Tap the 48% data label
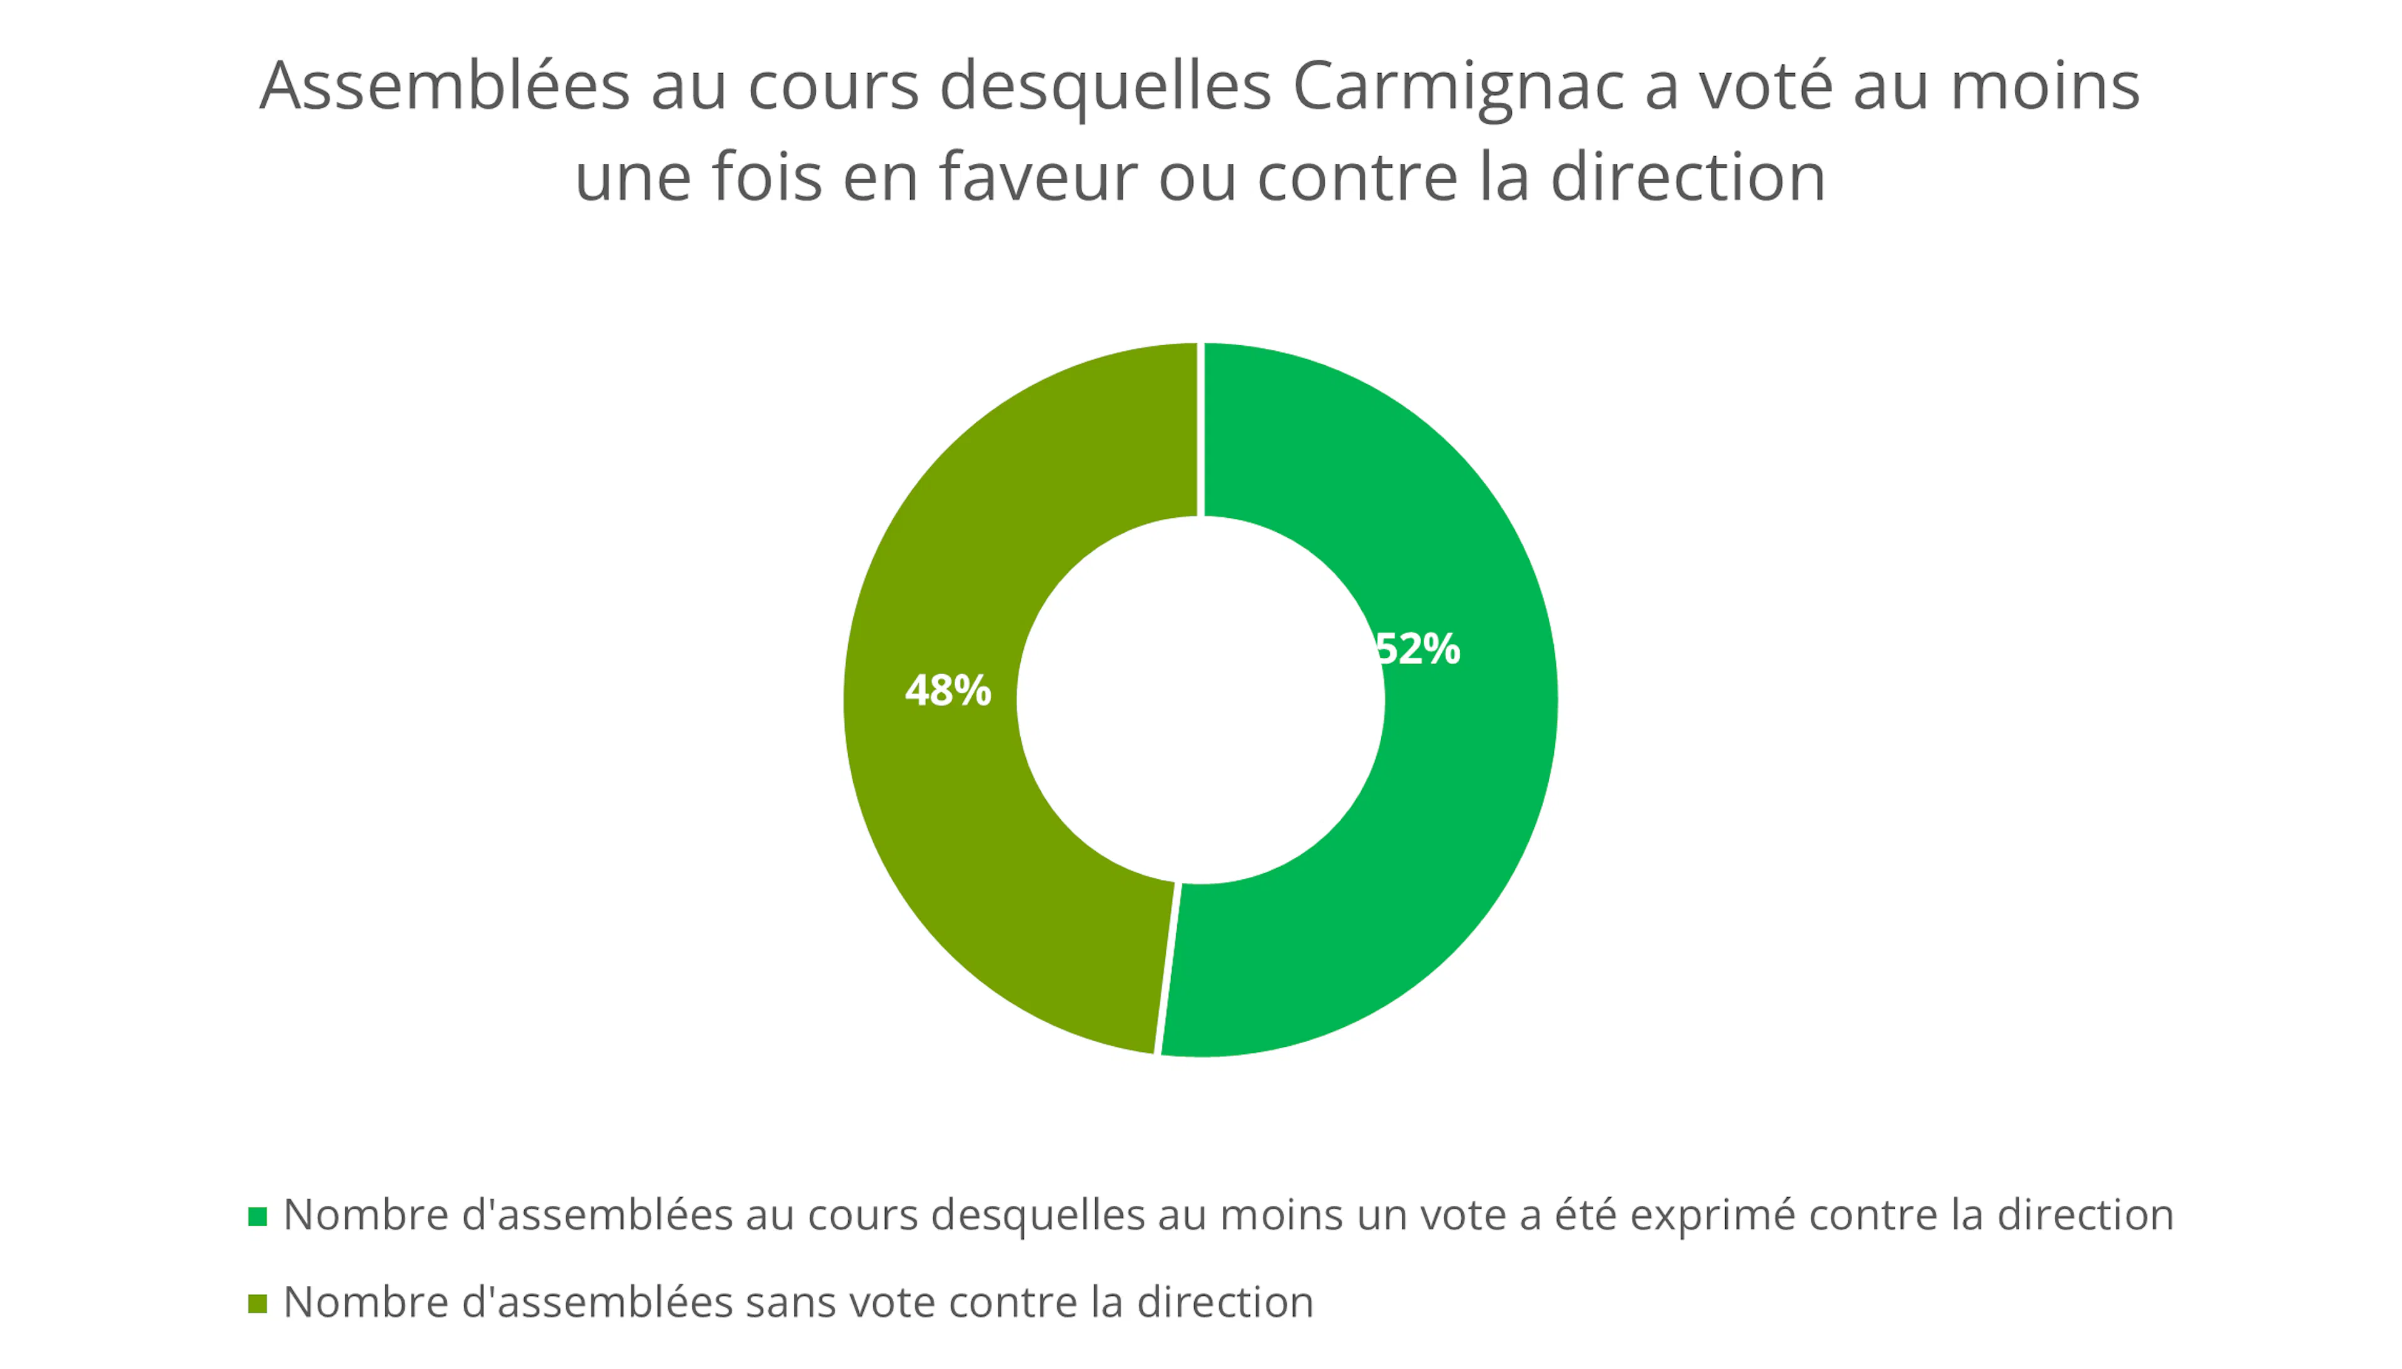point(948,691)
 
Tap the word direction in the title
point(1688,178)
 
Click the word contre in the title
point(1357,178)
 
